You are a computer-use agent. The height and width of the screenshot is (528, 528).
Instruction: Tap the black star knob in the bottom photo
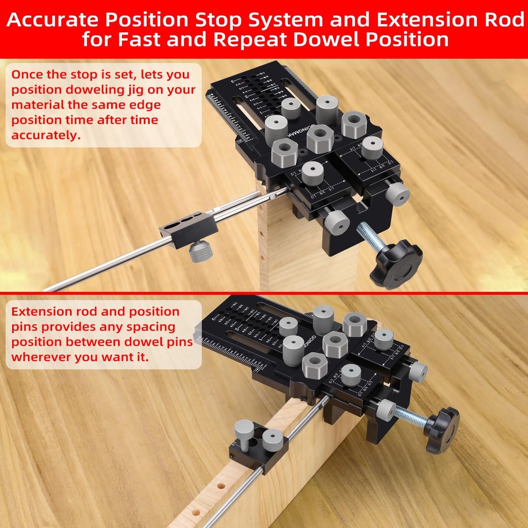[x=441, y=429]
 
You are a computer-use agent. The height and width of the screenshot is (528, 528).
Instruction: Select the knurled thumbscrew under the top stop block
[x=200, y=250]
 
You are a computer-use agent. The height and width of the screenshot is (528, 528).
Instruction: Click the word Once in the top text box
[x=30, y=74]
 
